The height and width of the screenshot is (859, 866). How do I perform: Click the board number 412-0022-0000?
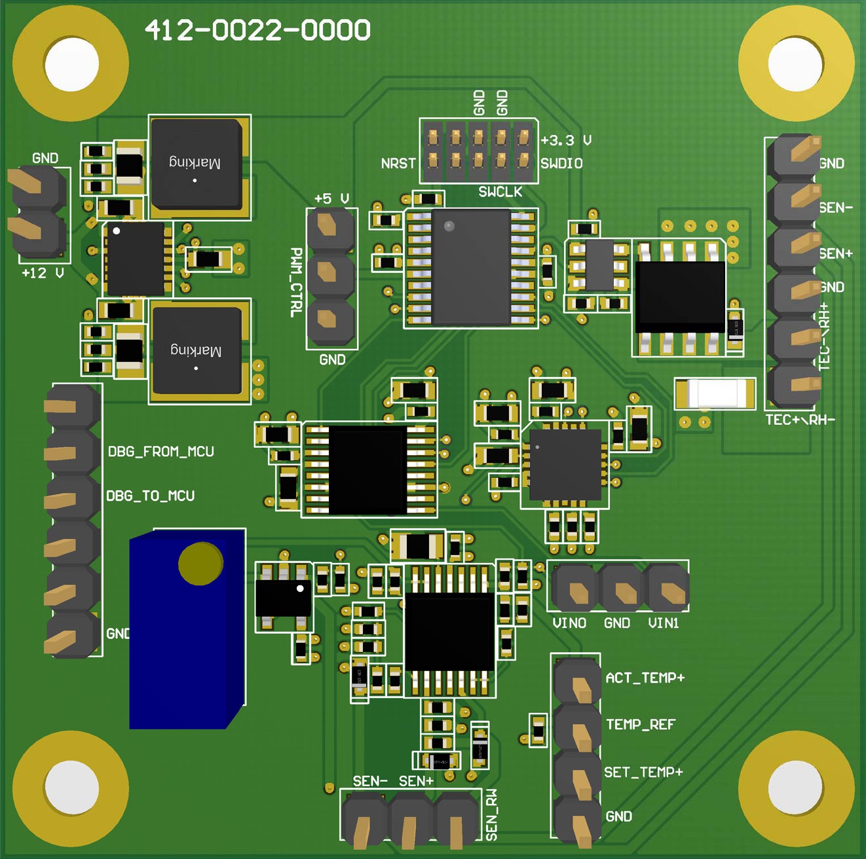pos(257,30)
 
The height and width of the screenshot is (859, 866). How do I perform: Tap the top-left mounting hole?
pos(71,64)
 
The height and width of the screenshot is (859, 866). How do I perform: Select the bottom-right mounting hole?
pos(795,788)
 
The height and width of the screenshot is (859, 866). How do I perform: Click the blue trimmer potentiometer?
pos(187,629)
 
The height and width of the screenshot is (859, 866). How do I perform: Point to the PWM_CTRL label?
pos(296,282)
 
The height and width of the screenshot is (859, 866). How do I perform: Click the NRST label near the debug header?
pos(398,164)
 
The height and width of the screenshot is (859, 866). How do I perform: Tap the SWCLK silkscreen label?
pos(500,192)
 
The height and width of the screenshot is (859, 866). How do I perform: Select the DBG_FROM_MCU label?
pos(161,452)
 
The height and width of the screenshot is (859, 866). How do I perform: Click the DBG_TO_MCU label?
pos(151,496)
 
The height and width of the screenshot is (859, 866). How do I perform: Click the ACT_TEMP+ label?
pos(645,678)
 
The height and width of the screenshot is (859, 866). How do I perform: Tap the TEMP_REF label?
pos(640,725)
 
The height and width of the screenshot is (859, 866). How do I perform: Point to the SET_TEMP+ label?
pos(643,773)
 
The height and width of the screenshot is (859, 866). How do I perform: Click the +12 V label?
pos(43,273)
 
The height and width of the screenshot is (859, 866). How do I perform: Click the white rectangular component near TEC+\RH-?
pos(715,393)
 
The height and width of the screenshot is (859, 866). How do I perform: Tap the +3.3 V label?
pos(565,140)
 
